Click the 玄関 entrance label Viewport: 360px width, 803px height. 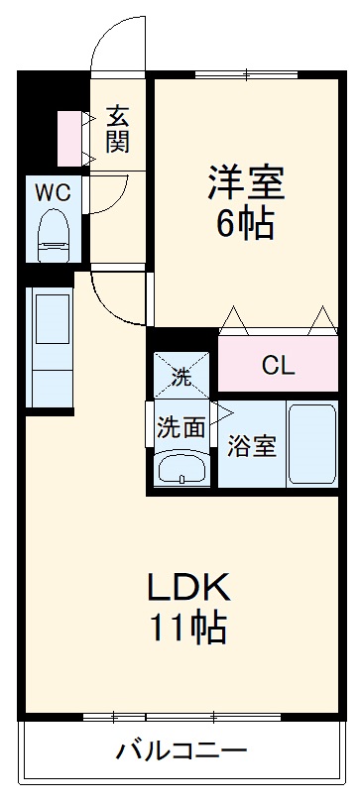tap(118, 128)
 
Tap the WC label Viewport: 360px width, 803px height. tap(53, 191)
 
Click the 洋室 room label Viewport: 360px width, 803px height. tap(245, 182)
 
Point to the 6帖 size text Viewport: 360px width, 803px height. tap(245, 225)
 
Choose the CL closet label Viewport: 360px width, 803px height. tap(278, 365)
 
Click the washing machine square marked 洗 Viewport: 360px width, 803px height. tap(181, 375)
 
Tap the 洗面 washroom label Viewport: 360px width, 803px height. tap(180, 427)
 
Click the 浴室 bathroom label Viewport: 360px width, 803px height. tap(252, 446)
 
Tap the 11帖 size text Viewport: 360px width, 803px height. tap(188, 628)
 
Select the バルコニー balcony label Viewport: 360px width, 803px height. tap(180, 748)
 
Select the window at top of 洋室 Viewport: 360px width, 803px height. tap(245, 74)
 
